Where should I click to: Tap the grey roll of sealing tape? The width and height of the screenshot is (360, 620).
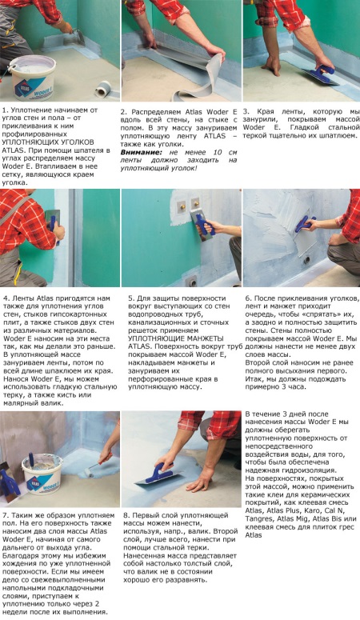coord(106,90)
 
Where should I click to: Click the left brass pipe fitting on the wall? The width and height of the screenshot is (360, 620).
coord(182,206)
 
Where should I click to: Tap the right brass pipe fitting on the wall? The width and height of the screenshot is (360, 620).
coord(195,204)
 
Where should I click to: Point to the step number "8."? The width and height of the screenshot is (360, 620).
coord(126,516)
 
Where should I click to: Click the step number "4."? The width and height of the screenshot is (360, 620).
coord(6,298)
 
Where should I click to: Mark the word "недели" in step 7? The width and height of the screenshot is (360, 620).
coord(14,612)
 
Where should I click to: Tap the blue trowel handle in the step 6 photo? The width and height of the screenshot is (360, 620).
coord(305,224)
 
